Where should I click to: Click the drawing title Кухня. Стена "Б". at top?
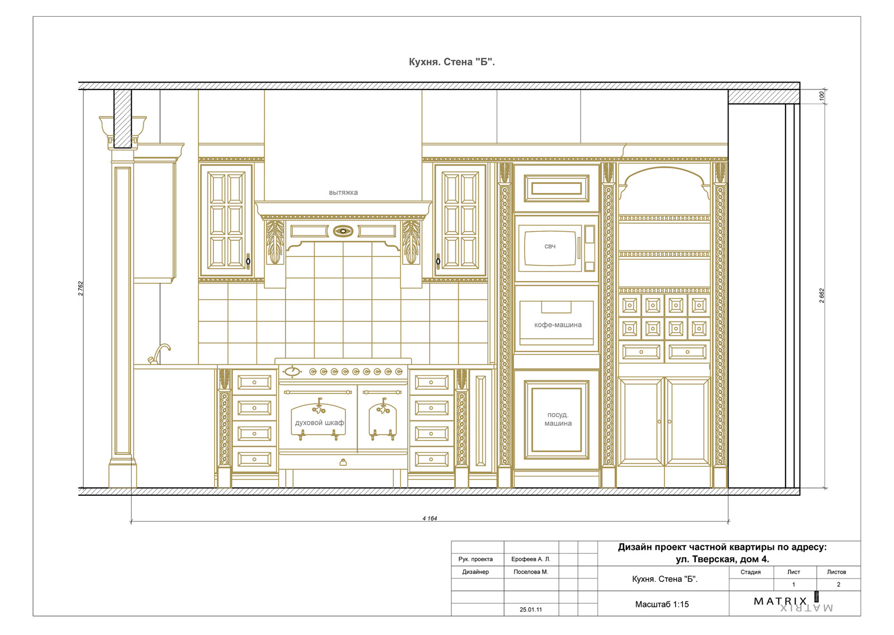[451, 62]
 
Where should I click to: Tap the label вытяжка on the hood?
[343, 192]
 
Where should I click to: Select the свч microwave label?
[550, 247]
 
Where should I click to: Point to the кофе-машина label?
[558, 325]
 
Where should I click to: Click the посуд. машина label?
[558, 419]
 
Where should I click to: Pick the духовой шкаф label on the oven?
[319, 423]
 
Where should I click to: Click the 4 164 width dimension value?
[430, 518]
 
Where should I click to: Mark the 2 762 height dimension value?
[81, 288]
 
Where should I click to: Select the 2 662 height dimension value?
[821, 296]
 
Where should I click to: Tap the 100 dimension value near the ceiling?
[821, 96]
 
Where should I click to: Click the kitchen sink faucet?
[159, 354]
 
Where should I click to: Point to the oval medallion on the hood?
[343, 231]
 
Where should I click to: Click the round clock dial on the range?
[292, 371]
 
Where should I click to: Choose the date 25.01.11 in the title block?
[531, 609]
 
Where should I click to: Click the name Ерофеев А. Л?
[531, 559]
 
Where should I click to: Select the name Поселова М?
[531, 572]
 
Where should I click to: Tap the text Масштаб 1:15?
[662, 604]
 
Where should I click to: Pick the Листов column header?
[836, 572]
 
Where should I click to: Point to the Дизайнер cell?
[475, 572]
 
